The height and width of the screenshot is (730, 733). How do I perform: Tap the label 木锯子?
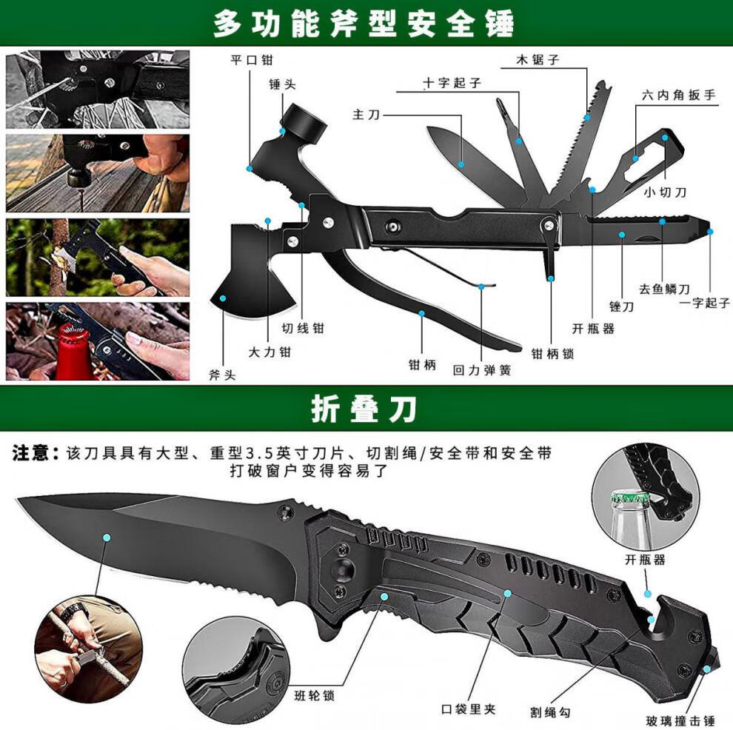tap(539, 60)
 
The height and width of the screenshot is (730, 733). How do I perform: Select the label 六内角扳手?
tap(679, 96)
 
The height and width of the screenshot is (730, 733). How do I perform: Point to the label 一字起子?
tap(704, 303)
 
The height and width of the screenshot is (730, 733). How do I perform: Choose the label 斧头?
tap(222, 375)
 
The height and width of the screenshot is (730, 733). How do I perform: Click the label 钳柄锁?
tap(552, 353)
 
